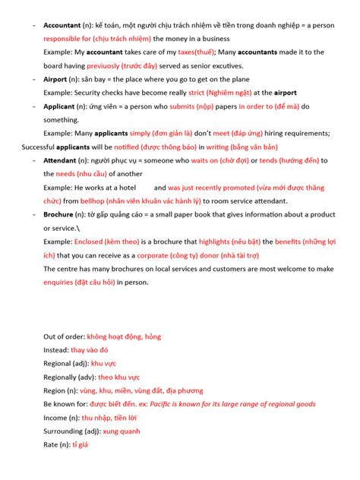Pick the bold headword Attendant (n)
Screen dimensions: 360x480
[x=65, y=160]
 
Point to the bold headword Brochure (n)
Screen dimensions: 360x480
[x=64, y=214]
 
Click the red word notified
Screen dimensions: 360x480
[x=122, y=147]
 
